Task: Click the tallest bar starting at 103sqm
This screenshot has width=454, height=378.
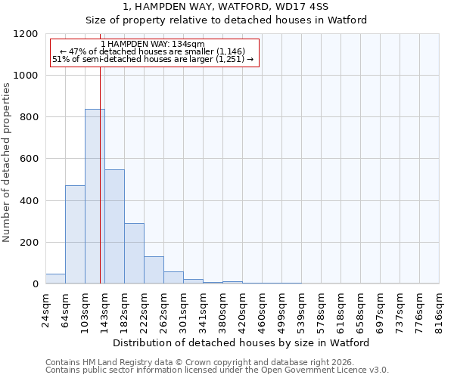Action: click(x=95, y=197)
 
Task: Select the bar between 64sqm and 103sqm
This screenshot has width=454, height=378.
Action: click(x=75, y=234)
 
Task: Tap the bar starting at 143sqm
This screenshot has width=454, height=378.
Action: click(x=114, y=227)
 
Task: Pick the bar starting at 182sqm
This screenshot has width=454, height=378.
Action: click(x=134, y=253)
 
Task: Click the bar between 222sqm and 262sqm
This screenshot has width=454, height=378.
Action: click(x=154, y=270)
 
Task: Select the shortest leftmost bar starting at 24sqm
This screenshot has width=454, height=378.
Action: click(x=55, y=279)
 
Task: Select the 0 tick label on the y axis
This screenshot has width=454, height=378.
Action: click(x=36, y=284)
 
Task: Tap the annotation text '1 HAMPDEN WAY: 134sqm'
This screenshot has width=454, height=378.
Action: click(x=152, y=45)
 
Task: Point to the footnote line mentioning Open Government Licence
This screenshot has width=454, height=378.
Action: click(x=217, y=370)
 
